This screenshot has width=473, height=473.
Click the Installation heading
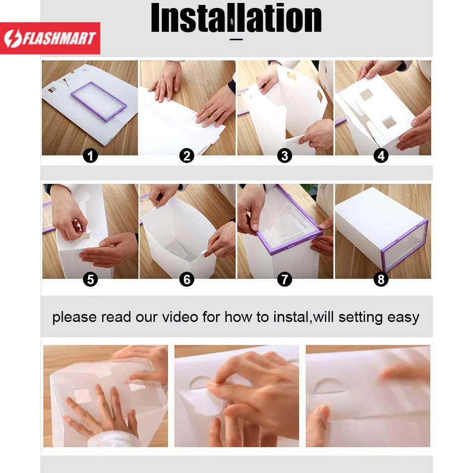[236, 18]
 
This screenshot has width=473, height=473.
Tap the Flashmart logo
[50, 38]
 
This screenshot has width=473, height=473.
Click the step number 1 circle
[90, 156]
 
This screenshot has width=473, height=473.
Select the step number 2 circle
[187, 156]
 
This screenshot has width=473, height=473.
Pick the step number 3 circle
[285, 156]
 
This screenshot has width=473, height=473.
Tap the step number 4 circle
[381, 156]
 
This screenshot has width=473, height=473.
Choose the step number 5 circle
[90, 280]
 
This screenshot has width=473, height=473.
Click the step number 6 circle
[187, 280]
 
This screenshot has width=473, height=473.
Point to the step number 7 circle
[285, 280]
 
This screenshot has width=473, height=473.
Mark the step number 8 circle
[381, 280]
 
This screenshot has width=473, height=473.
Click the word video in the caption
[180, 317]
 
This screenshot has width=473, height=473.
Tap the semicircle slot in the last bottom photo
[329, 386]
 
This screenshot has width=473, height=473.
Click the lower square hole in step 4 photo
[390, 122]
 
